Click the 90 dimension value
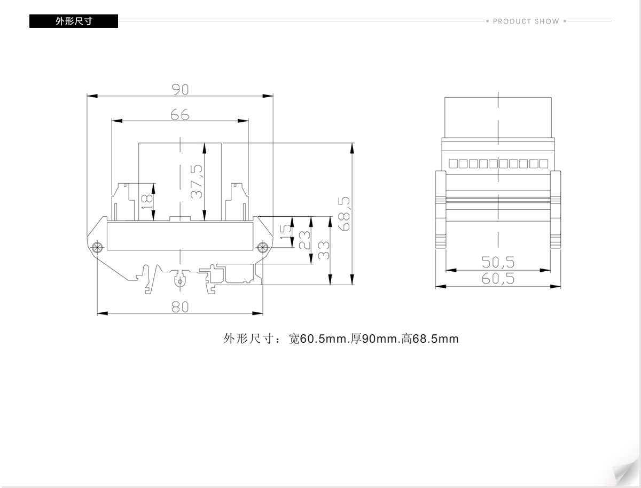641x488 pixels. (180, 89)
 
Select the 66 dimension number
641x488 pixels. (180, 114)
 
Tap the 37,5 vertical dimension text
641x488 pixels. (196, 182)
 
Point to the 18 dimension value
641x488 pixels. (146, 202)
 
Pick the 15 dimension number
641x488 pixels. (286, 232)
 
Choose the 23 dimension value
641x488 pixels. (304, 240)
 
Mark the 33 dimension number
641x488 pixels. (323, 250)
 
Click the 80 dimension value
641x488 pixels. (180, 307)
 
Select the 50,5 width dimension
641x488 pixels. (498, 262)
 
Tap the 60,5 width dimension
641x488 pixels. (498, 278)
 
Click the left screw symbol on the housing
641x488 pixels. (98, 248)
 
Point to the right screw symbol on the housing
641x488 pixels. (262, 248)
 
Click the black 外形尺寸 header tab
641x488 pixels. (74, 21)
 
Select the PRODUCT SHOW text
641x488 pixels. (526, 21)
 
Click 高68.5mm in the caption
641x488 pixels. (430, 339)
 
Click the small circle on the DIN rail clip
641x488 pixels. (180, 282)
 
